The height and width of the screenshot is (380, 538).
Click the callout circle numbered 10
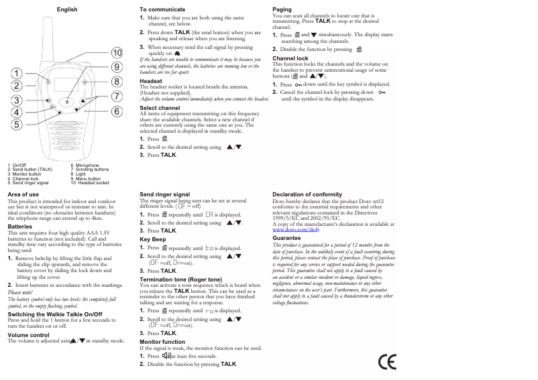[117, 52]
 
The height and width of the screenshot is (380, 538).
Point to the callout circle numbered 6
[117, 111]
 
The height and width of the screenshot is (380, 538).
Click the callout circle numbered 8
[117, 81]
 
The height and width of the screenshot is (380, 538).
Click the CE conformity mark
[387, 363]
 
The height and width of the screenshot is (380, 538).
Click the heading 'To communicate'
[162, 9]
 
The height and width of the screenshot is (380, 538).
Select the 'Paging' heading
[282, 9]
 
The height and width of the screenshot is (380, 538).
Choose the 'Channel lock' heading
[290, 58]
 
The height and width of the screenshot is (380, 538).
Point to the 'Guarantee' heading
[287, 238]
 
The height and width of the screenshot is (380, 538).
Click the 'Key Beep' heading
[153, 239]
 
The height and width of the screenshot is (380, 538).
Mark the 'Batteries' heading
[19, 227]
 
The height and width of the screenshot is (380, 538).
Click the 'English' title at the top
[67, 9]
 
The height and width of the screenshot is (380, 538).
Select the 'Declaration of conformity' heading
[307, 194]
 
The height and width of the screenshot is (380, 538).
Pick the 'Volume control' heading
[28, 334]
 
